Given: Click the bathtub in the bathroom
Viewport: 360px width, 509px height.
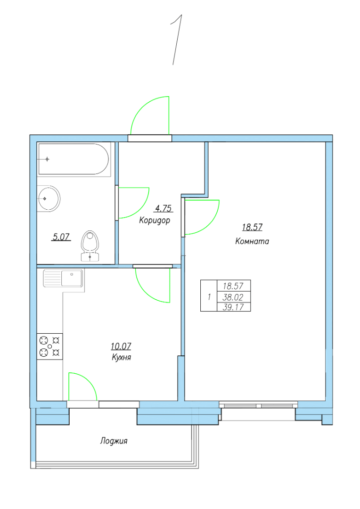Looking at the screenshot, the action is (74, 159).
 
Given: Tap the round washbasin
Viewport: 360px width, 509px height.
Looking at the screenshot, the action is (48, 198).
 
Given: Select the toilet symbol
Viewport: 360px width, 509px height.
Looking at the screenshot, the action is (90, 246).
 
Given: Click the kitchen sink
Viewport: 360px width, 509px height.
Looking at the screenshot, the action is (63, 278).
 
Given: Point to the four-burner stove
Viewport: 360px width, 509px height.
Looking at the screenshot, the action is (49, 346).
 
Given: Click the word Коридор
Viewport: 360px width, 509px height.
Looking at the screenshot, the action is (155, 221).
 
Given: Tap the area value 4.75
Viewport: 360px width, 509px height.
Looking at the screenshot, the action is (164, 208).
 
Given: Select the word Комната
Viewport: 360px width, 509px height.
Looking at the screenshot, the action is (252, 241).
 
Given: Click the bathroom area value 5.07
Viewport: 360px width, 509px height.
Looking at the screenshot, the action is (61, 237).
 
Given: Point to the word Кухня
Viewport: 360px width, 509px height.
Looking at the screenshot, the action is (121, 357).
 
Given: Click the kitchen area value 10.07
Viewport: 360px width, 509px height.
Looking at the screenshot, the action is (121, 346).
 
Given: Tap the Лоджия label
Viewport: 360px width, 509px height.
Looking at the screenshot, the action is (114, 441).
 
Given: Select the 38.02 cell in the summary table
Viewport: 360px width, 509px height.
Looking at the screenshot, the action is (234, 297).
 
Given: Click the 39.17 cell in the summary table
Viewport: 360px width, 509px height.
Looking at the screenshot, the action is (234, 307).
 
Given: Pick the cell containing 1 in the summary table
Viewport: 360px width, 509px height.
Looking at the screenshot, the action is (209, 296).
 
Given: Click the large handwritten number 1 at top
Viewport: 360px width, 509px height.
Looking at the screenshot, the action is (176, 40).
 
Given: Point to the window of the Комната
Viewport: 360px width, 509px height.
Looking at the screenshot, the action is (258, 405).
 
